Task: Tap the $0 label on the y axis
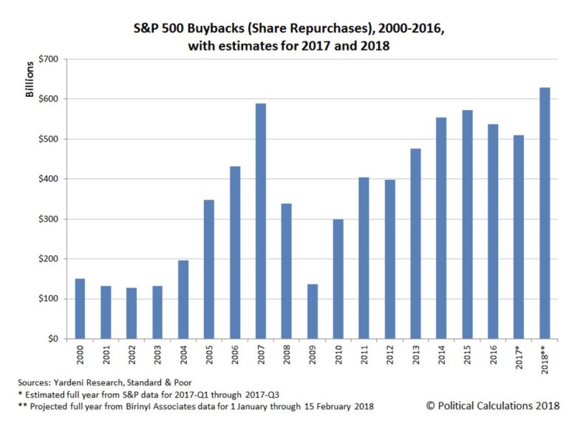pyautogui.click(x=51, y=339)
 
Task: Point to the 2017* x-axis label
pyautogui.click(x=520, y=358)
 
